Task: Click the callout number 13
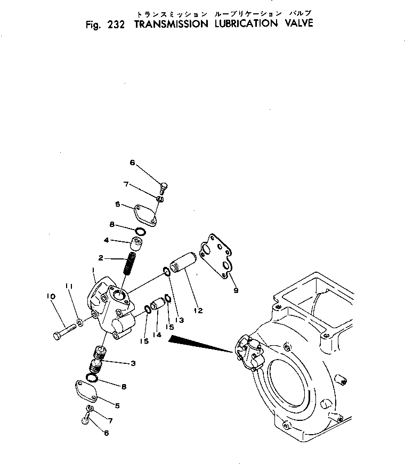point(179,320)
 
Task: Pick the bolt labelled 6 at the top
point(163,188)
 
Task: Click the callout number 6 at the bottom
point(106,433)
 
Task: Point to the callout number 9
point(236,290)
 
